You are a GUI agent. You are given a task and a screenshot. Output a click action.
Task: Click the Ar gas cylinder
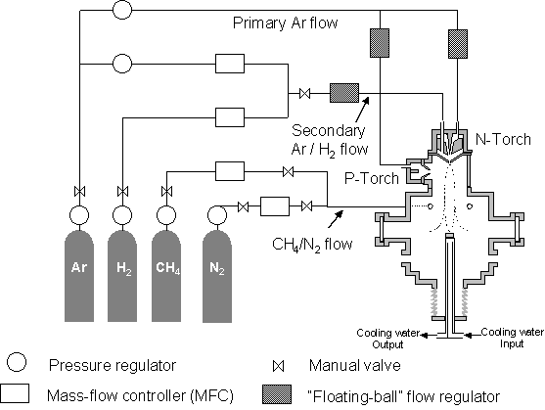tap(79, 276)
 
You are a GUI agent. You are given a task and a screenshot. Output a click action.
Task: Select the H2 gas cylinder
tap(122, 276)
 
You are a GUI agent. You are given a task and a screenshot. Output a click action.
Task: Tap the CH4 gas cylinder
tap(166, 276)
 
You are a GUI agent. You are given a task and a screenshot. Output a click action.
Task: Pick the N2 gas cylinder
tap(217, 276)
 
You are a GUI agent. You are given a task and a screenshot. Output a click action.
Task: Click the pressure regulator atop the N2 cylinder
tap(217, 215)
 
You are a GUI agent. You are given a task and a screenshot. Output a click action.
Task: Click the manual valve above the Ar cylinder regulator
tap(79, 191)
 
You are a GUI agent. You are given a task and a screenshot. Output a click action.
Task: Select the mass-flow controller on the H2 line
tap(230, 117)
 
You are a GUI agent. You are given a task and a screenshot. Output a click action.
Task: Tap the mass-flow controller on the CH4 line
tap(230, 171)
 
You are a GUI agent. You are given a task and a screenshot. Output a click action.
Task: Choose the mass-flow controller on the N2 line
tap(275, 206)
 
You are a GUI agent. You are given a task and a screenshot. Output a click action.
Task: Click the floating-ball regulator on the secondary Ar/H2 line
tap(344, 93)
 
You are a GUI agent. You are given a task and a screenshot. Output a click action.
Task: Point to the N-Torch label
tap(503, 139)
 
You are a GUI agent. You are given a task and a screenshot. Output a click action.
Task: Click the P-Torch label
tap(372, 178)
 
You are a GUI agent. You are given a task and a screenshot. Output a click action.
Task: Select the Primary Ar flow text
tap(285, 23)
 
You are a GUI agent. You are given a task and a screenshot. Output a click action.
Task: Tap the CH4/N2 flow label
tap(312, 244)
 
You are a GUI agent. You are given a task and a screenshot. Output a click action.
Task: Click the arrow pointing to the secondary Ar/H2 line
tap(362, 109)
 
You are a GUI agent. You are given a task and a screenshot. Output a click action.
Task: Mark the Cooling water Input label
tap(512, 338)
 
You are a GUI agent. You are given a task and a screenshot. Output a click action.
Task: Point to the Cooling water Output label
tap(388, 339)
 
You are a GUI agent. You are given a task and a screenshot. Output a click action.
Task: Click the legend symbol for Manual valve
tap(278, 366)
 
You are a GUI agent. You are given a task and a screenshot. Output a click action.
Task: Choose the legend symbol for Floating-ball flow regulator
tap(277, 394)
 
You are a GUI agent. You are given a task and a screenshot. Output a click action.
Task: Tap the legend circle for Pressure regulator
tap(17, 362)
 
